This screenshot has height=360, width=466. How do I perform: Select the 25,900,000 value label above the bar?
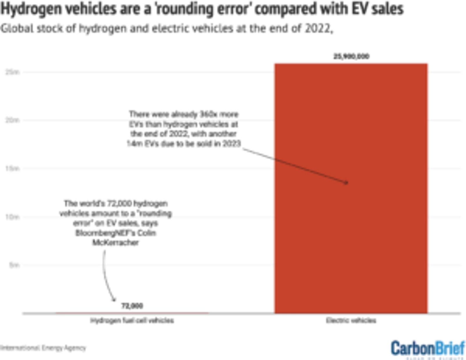click(351, 56)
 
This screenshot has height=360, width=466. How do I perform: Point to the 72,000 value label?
click(132, 306)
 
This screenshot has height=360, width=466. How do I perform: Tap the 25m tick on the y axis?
click(12, 72)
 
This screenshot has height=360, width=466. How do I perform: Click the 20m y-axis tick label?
click(12, 120)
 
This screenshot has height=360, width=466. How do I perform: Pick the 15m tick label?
click(12, 169)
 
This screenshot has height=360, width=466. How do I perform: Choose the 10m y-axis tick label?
click(12, 217)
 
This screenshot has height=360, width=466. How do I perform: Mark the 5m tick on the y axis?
click(14, 265)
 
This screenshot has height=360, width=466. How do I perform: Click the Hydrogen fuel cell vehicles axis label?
click(132, 320)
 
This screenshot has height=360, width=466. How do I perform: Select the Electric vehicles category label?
click(351, 320)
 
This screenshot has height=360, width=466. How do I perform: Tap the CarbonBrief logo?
click(428, 349)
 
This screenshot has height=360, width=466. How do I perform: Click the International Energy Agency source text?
click(43, 348)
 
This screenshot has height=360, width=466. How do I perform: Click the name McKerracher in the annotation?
click(115, 242)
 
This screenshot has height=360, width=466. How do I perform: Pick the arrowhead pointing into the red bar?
click(346, 182)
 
